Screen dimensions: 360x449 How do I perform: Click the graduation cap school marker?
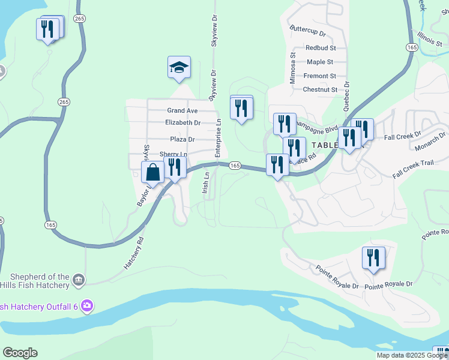click(x=179, y=68)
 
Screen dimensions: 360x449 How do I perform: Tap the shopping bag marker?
click(x=153, y=173)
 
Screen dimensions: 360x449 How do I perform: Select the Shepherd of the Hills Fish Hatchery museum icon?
click(x=79, y=280)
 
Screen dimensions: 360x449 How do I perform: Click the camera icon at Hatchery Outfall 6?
click(x=88, y=306)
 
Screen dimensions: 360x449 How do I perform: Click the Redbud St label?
click(x=320, y=47)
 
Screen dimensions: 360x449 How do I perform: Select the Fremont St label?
click(x=319, y=76)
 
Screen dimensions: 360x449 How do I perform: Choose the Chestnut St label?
click(x=320, y=90)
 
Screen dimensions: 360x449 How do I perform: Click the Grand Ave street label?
click(x=182, y=110)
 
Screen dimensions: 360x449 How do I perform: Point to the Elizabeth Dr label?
click(x=182, y=122)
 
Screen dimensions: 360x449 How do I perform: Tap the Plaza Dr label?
click(x=182, y=139)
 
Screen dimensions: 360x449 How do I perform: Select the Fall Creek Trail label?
click(x=413, y=169)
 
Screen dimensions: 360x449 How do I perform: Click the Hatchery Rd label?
click(x=134, y=253)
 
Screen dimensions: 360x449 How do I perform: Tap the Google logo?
click(x=20, y=353)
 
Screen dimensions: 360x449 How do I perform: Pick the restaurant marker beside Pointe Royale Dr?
click(x=373, y=258)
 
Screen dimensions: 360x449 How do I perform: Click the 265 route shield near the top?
click(x=80, y=19)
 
